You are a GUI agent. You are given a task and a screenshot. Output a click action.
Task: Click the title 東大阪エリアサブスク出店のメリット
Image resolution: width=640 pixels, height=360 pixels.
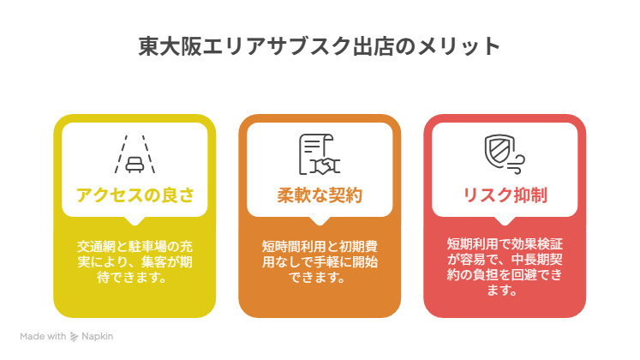(x=320, y=45)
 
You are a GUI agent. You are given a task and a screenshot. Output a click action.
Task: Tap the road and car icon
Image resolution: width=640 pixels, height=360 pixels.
(x=135, y=154)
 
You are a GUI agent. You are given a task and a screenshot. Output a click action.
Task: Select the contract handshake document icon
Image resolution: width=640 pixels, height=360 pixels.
(x=319, y=154)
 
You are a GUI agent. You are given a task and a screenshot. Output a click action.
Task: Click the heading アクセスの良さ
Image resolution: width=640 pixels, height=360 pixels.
(x=135, y=195)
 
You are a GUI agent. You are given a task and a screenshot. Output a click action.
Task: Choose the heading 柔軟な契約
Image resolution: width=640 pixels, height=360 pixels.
(x=320, y=195)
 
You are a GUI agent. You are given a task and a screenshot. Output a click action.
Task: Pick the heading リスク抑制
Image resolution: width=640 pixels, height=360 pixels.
(x=505, y=195)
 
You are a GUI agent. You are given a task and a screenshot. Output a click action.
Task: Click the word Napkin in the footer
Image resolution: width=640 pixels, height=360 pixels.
(x=99, y=337)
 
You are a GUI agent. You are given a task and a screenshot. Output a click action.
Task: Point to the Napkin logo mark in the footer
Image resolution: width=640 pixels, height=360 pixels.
(x=75, y=337)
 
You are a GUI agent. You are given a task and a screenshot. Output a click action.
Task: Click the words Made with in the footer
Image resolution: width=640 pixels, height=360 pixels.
(x=44, y=337)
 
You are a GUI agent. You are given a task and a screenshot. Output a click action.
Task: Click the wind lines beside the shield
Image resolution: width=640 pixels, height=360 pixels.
(x=517, y=160)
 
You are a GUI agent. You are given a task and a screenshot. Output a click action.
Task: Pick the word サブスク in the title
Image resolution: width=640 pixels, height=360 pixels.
(x=325, y=45)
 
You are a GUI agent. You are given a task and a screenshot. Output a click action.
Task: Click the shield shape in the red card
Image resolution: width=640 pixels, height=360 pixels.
(x=497, y=150)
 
